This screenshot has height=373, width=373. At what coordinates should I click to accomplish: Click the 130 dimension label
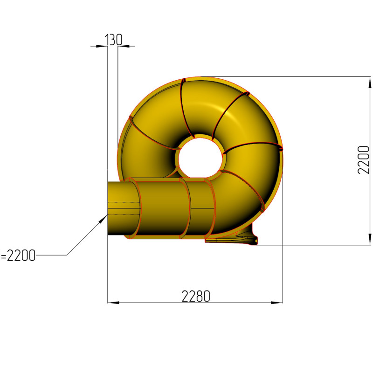click(x=113, y=40)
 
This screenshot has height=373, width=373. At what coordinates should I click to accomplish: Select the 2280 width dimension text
click(x=196, y=296)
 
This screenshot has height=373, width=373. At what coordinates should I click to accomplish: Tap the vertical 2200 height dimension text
click(x=364, y=160)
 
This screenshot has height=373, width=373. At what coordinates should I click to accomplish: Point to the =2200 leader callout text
click(x=18, y=256)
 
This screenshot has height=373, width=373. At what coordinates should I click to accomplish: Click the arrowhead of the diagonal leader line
click(x=104, y=219)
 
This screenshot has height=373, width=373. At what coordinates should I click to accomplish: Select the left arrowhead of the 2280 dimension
click(x=113, y=303)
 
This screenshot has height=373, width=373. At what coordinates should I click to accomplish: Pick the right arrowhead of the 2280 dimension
click(x=276, y=303)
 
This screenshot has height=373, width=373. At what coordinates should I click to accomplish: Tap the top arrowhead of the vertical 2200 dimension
click(x=370, y=83)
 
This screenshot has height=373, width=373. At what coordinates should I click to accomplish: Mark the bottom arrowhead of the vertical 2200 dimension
click(x=370, y=239)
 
